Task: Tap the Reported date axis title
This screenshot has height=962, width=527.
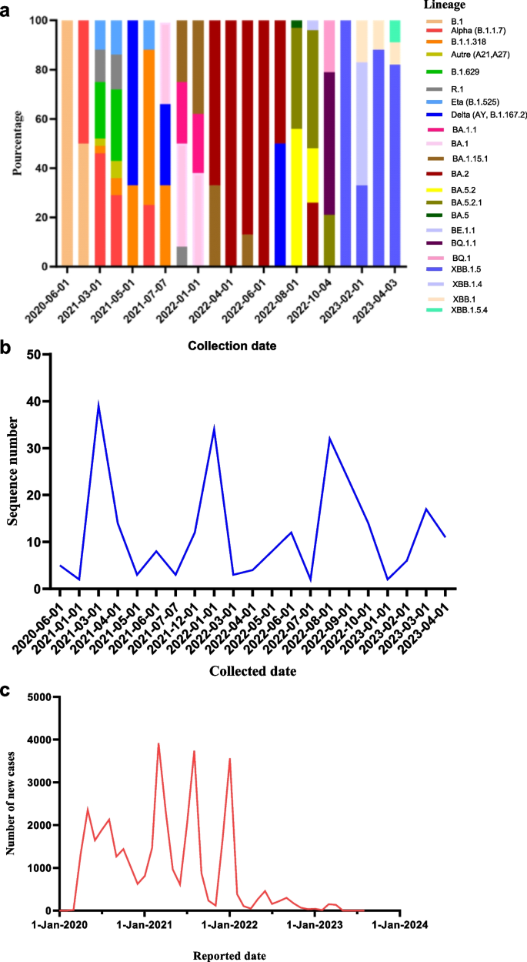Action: pos(228,956)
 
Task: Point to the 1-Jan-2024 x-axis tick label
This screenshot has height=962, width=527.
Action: pos(396,924)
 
